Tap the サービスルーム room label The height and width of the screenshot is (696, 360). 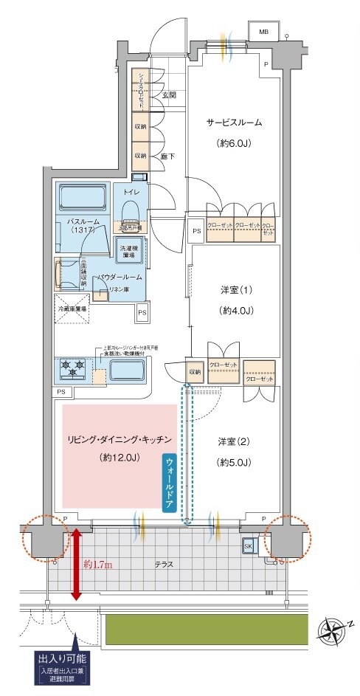tap(233, 123)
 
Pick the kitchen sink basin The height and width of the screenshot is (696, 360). tap(128, 371)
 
